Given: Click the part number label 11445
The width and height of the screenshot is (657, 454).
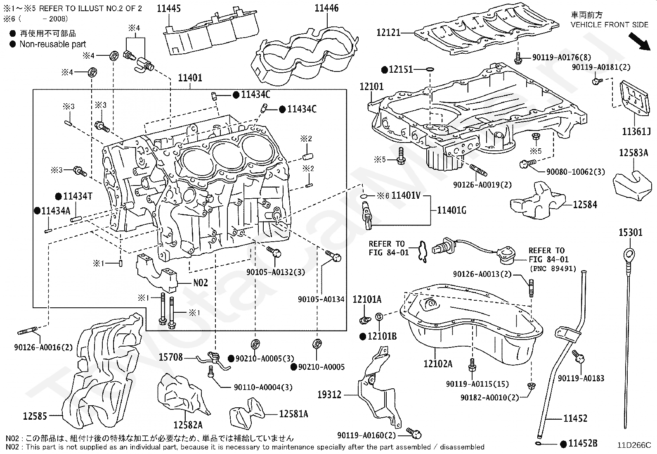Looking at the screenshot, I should (168, 9).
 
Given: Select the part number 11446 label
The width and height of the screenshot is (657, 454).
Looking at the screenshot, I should (326, 8).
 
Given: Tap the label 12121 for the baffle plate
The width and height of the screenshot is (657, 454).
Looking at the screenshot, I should (388, 32).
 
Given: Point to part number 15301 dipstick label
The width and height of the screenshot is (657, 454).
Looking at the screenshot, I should (630, 233).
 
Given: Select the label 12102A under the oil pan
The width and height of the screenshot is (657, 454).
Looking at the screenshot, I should (437, 364).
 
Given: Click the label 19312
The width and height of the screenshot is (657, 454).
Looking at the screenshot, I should (329, 395).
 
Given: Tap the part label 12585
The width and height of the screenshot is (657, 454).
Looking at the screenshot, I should (35, 416).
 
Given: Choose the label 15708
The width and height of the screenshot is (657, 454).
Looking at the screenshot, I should (170, 357).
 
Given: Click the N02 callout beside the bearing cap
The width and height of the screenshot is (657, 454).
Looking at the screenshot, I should (201, 283).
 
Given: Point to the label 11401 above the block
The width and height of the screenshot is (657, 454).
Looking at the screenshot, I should (190, 78).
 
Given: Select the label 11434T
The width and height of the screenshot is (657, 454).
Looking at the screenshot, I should (78, 196).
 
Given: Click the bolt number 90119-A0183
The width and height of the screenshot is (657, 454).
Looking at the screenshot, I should (581, 378).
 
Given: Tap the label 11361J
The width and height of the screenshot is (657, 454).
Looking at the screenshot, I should (636, 132).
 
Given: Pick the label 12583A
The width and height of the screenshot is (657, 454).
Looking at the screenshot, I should (633, 153).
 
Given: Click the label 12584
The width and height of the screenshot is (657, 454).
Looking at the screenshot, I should (585, 204).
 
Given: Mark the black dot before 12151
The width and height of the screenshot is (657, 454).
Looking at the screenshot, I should (384, 69).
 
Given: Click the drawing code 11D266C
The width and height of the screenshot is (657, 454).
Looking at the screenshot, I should (633, 445).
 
